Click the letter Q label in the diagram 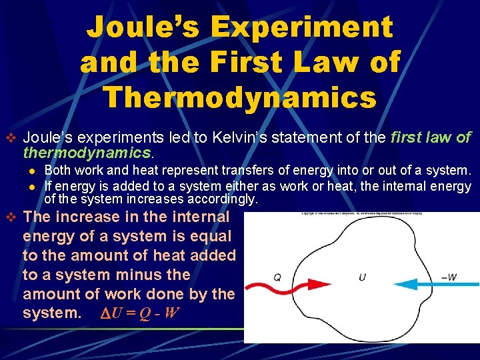(x=277, y=277)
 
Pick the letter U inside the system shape (x=362, y=277)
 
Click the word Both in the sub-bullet (x=57, y=171)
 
